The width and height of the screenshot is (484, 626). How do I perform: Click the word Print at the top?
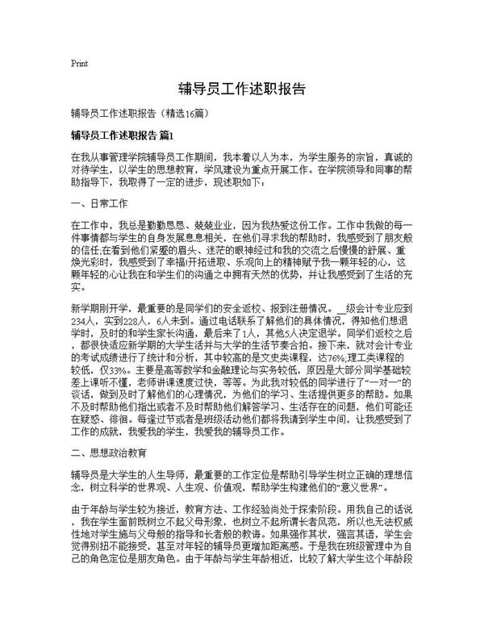pos(79,62)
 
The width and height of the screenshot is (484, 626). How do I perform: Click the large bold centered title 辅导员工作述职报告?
pos(241,88)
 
